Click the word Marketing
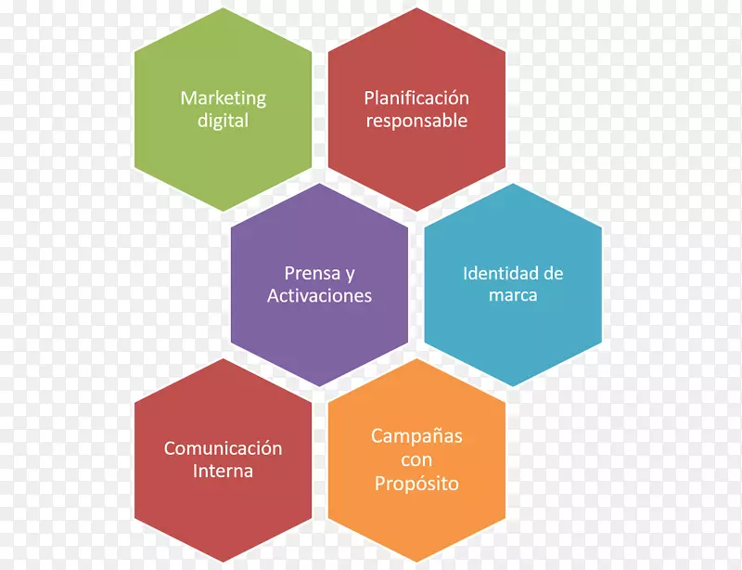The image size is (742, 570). [x=224, y=99]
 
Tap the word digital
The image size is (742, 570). [x=223, y=122]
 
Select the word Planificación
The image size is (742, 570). [x=416, y=98]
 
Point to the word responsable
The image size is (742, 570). [x=416, y=121]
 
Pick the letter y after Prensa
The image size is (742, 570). [x=351, y=276]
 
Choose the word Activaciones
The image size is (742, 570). [x=319, y=295]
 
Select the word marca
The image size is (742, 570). [x=513, y=295]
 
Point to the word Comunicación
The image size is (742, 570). [x=223, y=448]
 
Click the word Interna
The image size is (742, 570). [x=223, y=471]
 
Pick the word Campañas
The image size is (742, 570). [x=416, y=437]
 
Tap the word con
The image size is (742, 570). [x=416, y=460]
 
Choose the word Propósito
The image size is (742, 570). [x=416, y=485]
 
